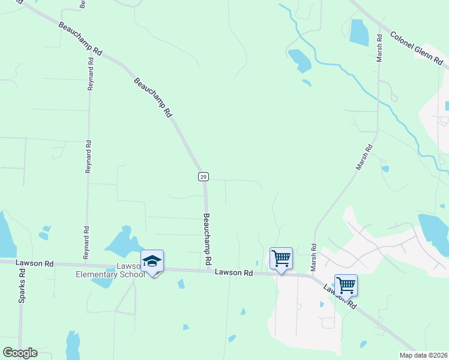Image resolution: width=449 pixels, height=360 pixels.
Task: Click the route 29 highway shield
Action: (203, 176)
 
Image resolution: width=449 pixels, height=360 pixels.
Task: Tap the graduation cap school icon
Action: (152, 262)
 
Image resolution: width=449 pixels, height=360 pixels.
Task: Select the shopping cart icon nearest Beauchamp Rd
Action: (281, 259)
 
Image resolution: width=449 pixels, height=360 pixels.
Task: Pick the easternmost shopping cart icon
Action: (346, 285)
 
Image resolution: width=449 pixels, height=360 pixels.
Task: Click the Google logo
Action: (20, 353)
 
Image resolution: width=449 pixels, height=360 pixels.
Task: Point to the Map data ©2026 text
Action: (423, 355)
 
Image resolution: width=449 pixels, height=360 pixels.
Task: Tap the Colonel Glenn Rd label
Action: (417, 49)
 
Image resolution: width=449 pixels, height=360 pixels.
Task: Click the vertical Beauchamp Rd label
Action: (208, 239)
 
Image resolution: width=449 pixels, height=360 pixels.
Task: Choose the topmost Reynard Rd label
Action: (90, 74)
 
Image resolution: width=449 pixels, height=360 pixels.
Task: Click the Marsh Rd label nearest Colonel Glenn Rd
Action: (379, 48)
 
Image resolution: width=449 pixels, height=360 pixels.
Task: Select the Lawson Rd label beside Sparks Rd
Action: (35, 263)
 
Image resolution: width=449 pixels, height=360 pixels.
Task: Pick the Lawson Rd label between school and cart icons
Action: (234, 273)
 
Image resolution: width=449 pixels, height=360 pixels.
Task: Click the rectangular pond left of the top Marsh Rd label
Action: (358, 33)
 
